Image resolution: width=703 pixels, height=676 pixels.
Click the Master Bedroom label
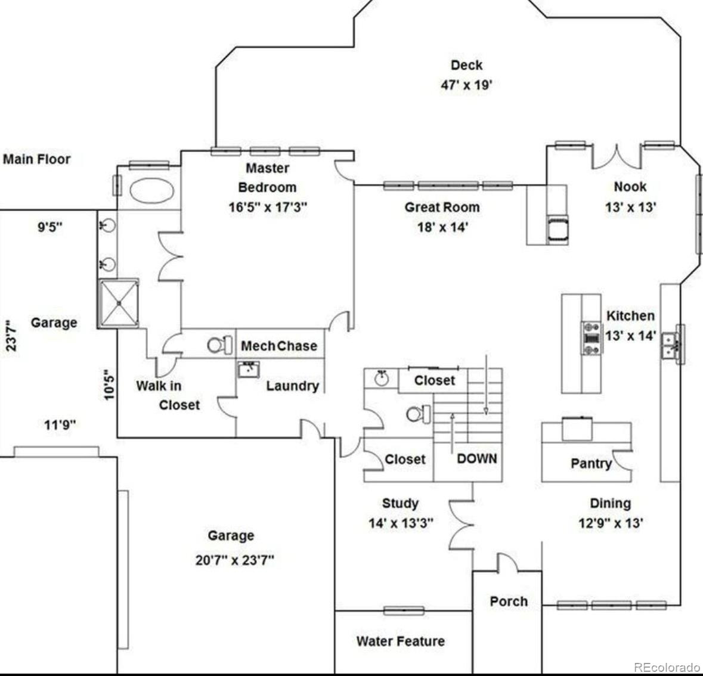[267, 178]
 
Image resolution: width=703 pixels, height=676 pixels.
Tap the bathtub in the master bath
[151, 191]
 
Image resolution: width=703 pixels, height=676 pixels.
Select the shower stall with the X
[119, 303]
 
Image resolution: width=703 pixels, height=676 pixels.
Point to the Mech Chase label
[279, 346]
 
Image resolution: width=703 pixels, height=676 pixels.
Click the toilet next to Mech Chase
[219, 345]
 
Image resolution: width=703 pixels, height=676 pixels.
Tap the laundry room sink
[249, 370]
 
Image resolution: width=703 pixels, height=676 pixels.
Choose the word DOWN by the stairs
[476, 458]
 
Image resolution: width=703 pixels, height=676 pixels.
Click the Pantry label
[591, 464]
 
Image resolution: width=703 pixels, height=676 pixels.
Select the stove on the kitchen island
[591, 338]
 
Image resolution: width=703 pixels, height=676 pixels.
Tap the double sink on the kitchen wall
[673, 345]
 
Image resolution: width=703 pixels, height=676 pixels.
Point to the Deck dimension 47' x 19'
[466, 85]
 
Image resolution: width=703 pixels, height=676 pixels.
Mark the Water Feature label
[400, 641]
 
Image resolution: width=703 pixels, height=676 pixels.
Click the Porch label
[509, 601]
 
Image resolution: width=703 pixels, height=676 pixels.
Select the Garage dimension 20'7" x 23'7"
[234, 560]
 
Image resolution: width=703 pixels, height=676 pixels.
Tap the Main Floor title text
[37, 159]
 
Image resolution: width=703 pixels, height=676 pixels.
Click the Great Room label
[442, 207]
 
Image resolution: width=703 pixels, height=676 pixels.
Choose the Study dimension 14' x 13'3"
[401, 523]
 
